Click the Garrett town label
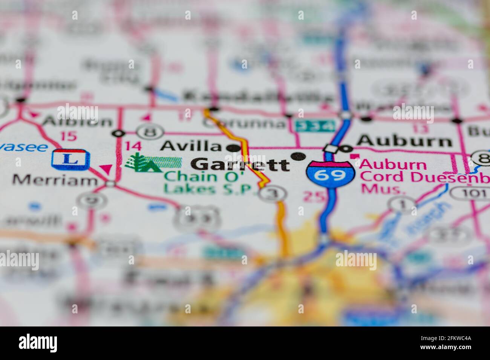[x=240, y=165]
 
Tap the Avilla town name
[x=191, y=146]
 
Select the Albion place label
[x=77, y=121]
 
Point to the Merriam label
[x=55, y=180]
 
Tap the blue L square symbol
[x=71, y=159]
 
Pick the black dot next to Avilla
[x=235, y=148]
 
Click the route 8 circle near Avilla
[x=150, y=133]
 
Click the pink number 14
[x=133, y=146]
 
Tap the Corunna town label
[x=244, y=123]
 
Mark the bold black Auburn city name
[x=404, y=141]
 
